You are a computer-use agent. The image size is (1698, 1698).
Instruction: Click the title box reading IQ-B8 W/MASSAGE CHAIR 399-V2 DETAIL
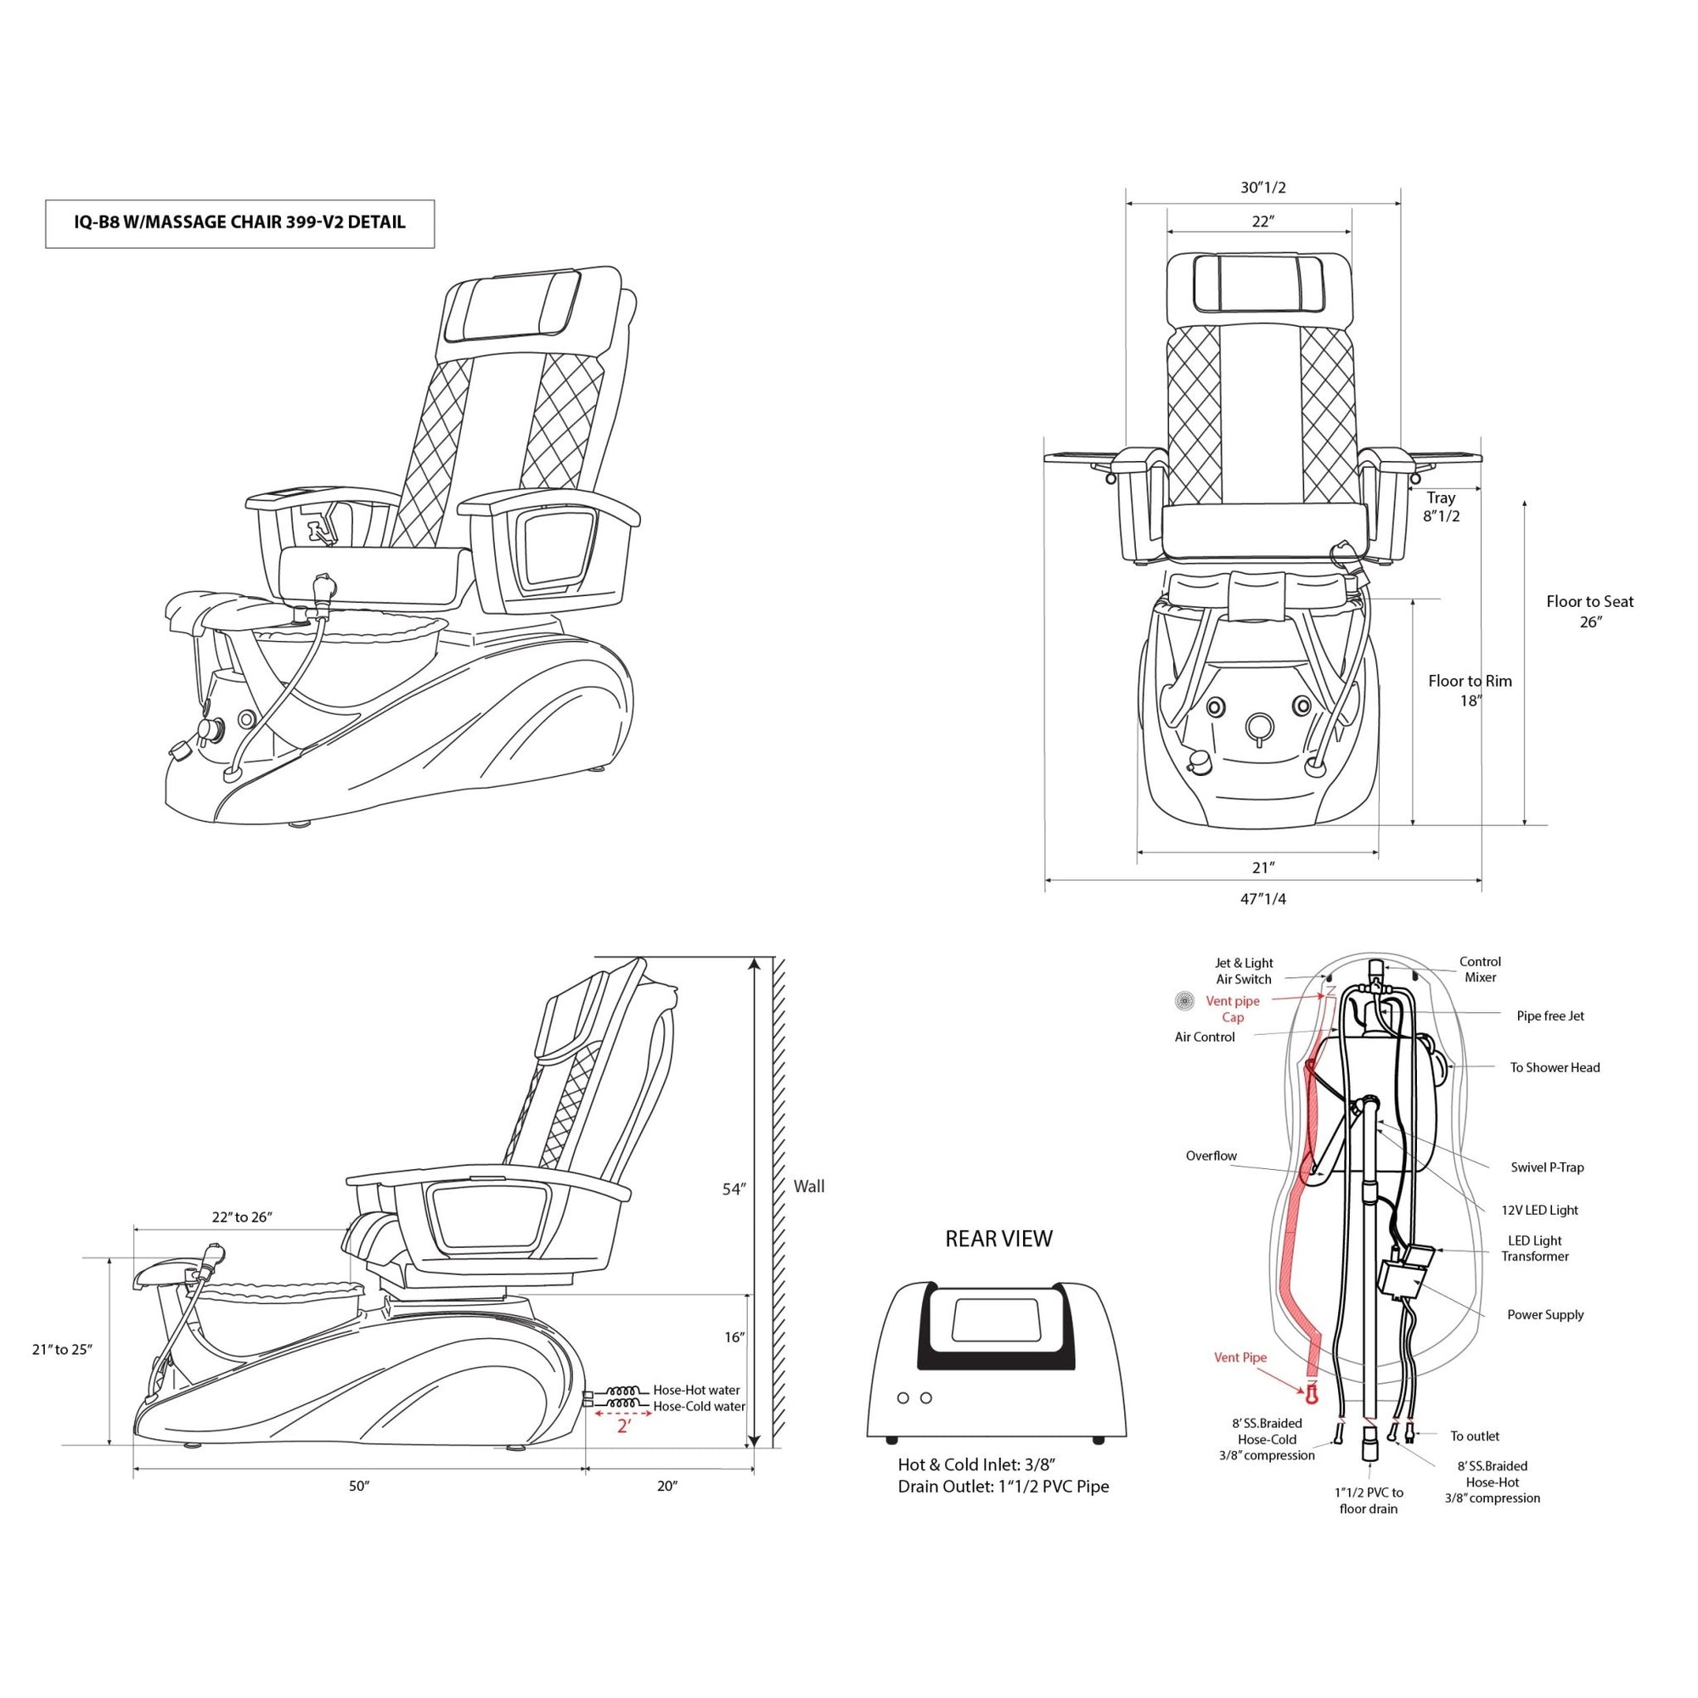coord(239,223)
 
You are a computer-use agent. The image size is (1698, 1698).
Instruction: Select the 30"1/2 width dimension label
coord(1263,187)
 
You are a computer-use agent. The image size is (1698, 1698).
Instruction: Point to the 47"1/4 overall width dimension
coord(1263,899)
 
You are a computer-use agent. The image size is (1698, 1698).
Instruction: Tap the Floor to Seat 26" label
coord(1589,611)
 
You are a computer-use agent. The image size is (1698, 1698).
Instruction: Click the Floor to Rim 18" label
coord(1470,690)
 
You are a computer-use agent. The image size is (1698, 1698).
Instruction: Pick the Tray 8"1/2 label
coord(1442,507)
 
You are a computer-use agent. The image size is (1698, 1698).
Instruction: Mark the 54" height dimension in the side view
coord(733,1189)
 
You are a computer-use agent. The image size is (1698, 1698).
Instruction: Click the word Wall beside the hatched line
coord(808,1187)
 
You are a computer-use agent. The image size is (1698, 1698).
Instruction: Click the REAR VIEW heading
coord(998,1240)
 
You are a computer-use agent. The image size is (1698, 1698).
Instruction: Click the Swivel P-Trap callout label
coord(1547,1167)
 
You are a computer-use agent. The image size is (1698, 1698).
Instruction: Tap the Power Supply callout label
coord(1545,1315)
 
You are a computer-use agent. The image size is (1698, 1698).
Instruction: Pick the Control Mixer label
coord(1480,970)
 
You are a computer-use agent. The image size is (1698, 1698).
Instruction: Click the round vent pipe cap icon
coord(1185,1000)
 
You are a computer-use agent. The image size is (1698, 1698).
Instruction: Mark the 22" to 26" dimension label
coord(243,1217)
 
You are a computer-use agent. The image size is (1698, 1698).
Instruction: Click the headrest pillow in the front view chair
coord(1258,282)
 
